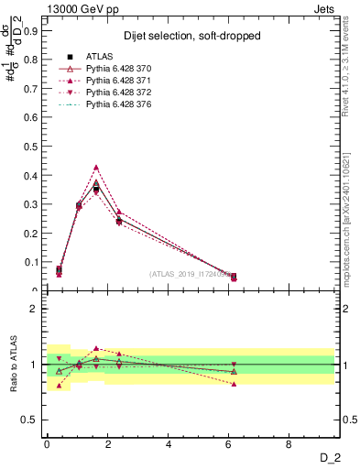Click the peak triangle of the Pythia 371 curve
coord(96,168)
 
